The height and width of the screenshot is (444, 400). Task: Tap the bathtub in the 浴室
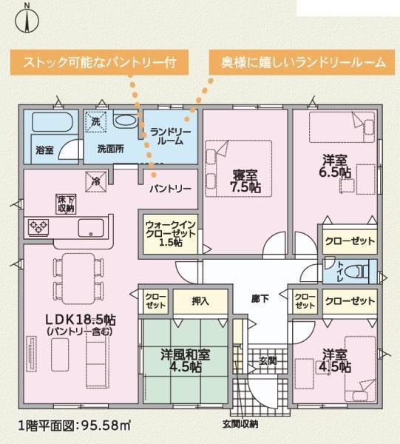(52, 122)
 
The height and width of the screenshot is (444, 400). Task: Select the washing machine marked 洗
(96, 121)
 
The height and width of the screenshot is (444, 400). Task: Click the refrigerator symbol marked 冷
(96, 181)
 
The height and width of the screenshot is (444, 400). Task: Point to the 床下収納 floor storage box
(66, 204)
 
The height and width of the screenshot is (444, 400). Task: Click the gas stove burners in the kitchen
(38, 227)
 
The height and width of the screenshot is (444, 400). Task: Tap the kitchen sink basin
(91, 228)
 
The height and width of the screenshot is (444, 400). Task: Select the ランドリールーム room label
(170, 136)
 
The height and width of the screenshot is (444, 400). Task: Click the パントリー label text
(170, 189)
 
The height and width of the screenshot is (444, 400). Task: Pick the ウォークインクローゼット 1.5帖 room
(170, 234)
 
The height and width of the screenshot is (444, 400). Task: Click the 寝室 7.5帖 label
(245, 181)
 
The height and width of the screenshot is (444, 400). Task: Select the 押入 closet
(200, 301)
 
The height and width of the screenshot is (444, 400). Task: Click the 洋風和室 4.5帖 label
(186, 360)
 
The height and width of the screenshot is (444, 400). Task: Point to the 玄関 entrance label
(268, 361)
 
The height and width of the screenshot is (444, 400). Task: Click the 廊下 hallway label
(260, 298)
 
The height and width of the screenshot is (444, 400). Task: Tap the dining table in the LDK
(78, 279)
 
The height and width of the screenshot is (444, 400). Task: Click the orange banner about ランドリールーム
(302, 62)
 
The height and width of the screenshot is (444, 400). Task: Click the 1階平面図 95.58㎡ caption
(75, 425)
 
